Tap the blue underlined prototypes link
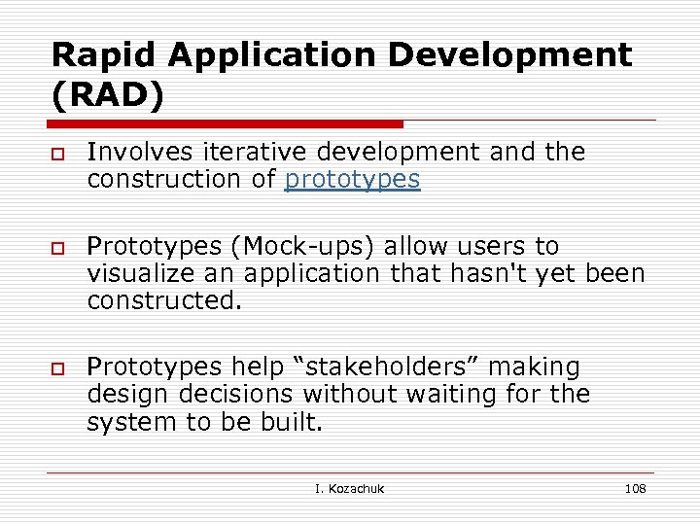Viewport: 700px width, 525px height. coord(352,179)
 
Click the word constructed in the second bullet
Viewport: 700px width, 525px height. coord(161,300)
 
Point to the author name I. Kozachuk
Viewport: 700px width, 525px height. coord(349,488)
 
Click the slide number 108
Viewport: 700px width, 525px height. coord(635,488)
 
